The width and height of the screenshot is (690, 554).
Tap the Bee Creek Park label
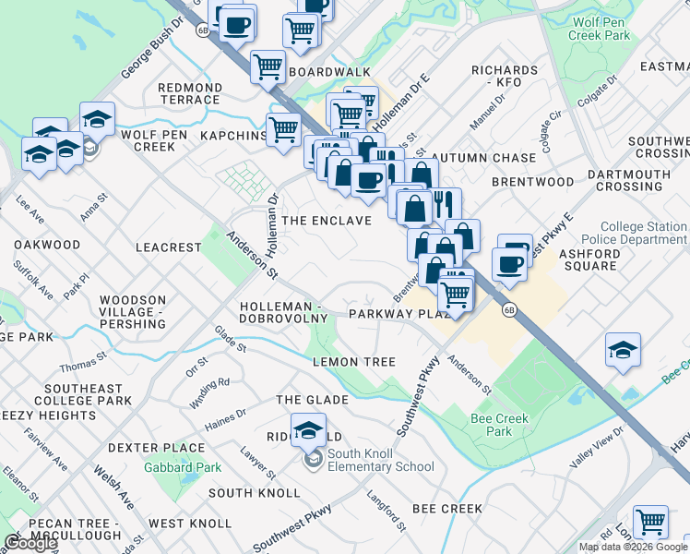[x=498, y=425]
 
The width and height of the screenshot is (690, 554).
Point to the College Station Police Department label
[x=643, y=233]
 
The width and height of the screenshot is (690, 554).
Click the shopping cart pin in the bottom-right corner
[x=651, y=522]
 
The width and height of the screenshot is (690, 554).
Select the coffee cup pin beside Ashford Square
[x=509, y=264]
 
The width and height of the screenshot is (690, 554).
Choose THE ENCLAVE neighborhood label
[x=327, y=221]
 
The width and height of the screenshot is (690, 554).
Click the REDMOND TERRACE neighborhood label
[x=190, y=93]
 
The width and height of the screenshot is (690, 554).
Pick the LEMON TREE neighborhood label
[x=353, y=363]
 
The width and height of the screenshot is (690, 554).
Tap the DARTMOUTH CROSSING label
[x=628, y=180]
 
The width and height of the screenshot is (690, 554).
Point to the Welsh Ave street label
[x=113, y=486]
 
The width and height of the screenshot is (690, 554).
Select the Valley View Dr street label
[x=597, y=447]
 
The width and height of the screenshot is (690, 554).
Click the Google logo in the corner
[x=30, y=543]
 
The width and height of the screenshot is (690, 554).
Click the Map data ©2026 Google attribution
[x=633, y=547]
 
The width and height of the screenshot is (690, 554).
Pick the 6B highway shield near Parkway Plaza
[x=508, y=310]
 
